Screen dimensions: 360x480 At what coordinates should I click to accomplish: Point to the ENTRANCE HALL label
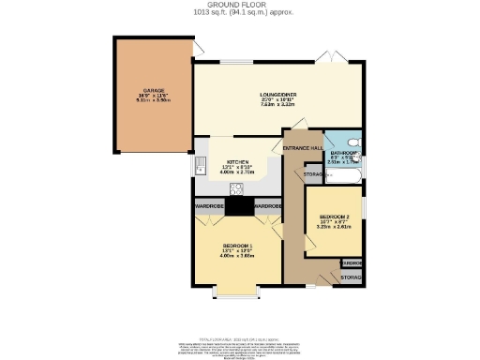[x=304, y=149]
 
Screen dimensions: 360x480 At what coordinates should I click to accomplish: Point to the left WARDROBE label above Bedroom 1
[x=208, y=205]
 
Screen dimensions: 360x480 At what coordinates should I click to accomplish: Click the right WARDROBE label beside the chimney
[x=268, y=205]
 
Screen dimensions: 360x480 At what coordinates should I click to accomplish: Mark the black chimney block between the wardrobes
[x=238, y=207]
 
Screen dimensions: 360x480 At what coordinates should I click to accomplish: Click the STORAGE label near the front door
[x=352, y=277]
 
